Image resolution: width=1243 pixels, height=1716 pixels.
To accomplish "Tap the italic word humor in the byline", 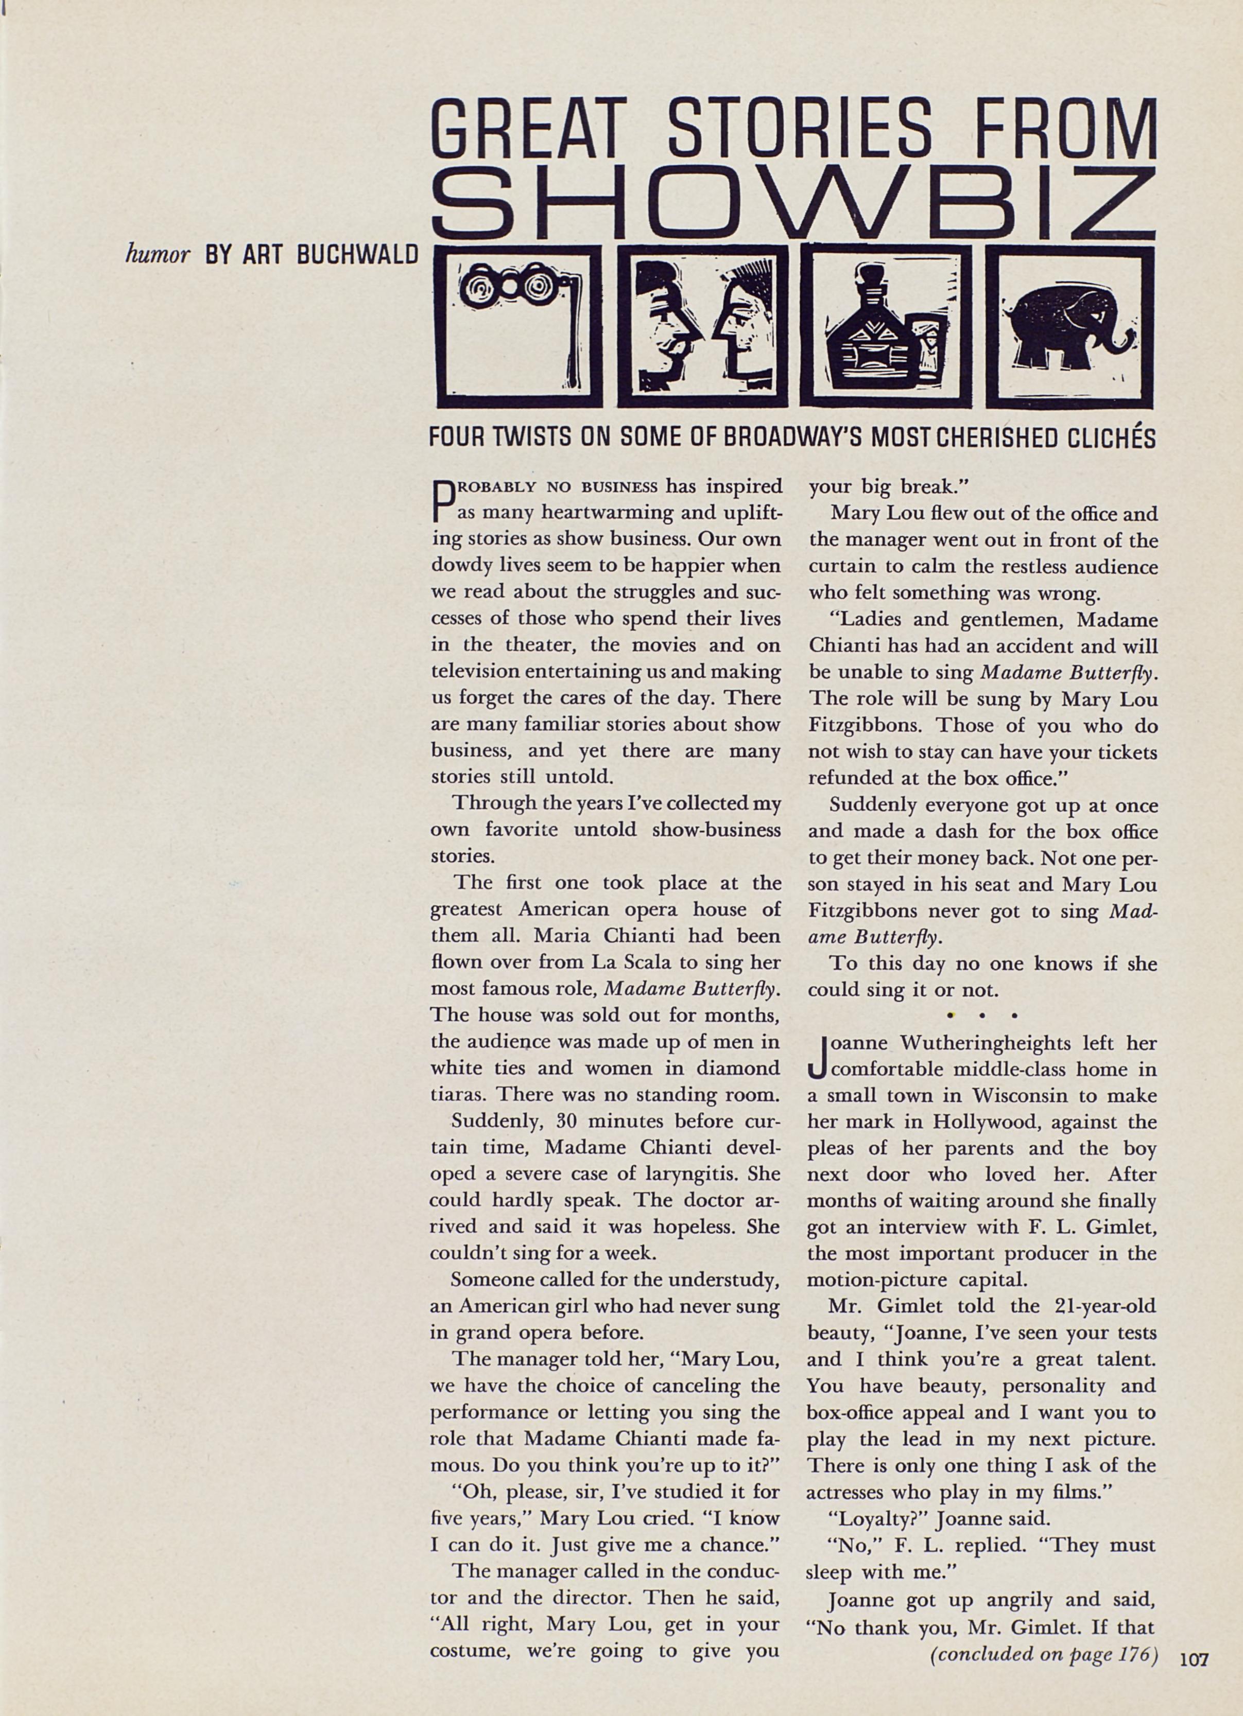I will (x=157, y=254).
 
